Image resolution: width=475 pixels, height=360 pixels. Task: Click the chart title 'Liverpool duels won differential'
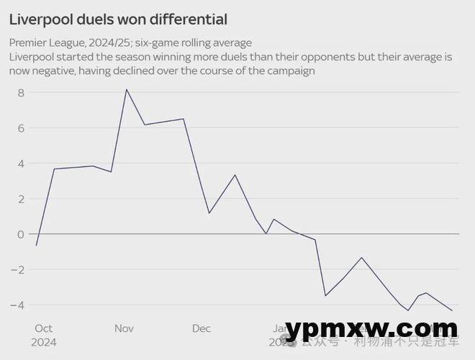118,19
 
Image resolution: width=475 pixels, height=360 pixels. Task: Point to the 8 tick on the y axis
22,93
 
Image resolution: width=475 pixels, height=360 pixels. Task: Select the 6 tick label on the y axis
22,128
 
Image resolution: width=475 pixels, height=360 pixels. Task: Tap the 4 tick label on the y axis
22,163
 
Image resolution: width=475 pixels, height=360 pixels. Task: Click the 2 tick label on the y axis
22,199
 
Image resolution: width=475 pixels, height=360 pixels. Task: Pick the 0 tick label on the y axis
22,234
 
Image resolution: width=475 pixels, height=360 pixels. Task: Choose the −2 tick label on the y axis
19,269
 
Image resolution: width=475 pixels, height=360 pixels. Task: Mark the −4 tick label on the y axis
19,305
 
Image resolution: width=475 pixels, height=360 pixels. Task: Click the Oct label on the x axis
42,328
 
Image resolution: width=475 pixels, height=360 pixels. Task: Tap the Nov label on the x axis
124,328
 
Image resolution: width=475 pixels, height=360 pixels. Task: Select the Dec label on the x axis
202,328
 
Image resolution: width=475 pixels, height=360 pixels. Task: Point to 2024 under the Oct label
43,342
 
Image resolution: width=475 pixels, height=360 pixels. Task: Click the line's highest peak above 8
127,89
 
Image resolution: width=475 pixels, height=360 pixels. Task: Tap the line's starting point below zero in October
36,246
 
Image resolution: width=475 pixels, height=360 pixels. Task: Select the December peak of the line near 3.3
235,175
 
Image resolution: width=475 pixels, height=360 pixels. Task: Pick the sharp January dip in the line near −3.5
325,296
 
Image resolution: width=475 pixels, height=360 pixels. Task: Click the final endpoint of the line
452,311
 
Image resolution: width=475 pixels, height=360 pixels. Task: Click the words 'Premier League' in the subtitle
45,43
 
